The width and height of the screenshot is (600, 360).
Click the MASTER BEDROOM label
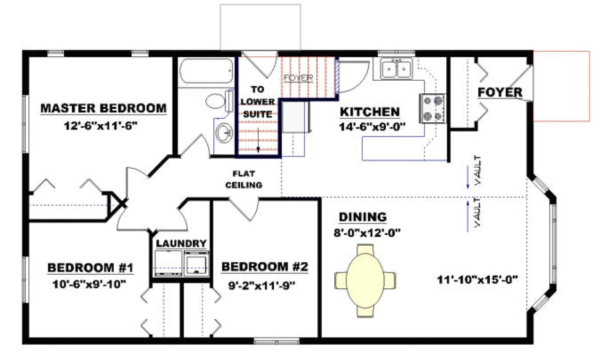103,108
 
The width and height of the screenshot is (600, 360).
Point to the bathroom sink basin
224,132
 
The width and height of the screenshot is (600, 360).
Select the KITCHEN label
369,112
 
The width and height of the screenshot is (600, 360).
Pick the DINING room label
363,217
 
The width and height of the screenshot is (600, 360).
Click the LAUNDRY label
181,243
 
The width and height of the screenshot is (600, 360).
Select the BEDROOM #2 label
264,267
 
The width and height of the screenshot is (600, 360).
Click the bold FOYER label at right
500,93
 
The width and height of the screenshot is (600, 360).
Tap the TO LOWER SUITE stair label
257,101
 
